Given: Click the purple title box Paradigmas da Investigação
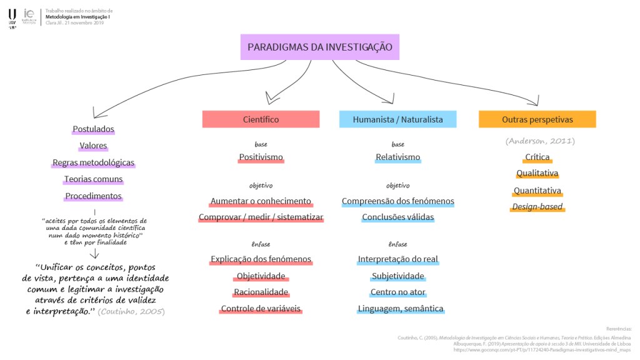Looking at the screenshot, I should point(320,47).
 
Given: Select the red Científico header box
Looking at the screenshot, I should point(261,119).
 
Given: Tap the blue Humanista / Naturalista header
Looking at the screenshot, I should point(397,119).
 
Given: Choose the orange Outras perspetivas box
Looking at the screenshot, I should point(537,119).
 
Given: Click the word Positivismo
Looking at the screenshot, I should point(261,157).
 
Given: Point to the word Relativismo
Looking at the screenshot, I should point(398,157).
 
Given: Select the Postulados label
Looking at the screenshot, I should point(93,129).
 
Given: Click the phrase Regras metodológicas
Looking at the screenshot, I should point(93,162).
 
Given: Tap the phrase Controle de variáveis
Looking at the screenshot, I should point(261,309).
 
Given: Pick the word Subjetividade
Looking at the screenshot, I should point(398,276).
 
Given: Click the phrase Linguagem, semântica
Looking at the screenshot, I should point(401,309).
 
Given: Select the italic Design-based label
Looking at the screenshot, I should point(537,207).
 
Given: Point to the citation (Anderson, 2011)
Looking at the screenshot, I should point(539,141).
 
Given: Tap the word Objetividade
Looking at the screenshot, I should point(261,276).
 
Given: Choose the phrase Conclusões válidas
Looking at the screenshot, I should point(398,217).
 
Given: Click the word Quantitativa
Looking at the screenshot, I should point(537,191).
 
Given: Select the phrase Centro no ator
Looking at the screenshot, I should point(397,292).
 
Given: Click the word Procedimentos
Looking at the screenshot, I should point(93,196).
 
